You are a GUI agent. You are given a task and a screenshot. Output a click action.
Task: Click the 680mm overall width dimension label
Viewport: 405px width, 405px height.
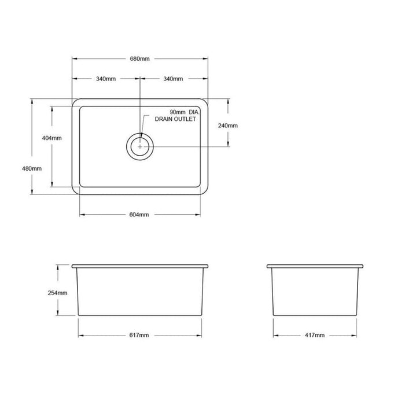pos(139,59)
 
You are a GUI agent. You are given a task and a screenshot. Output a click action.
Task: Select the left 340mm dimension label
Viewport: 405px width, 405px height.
pos(106,79)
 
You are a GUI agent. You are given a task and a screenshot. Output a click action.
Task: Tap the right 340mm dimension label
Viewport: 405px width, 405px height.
pos(173,79)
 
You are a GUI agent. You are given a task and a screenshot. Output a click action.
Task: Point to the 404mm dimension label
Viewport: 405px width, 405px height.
pos(52,138)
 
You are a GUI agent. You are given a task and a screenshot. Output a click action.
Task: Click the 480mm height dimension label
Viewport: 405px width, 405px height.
pos(32,169)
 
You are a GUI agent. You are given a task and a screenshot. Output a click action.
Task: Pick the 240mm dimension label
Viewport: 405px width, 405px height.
pos(228,126)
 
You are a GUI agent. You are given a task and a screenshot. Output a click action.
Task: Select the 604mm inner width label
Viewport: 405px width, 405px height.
pos(139,215)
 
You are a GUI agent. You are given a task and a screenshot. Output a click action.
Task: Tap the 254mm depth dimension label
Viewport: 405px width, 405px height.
pos(57,293)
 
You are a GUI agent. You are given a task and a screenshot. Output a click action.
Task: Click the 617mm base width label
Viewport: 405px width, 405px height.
pos(139,335)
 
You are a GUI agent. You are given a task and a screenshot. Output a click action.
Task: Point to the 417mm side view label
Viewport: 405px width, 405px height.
pos(315,335)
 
